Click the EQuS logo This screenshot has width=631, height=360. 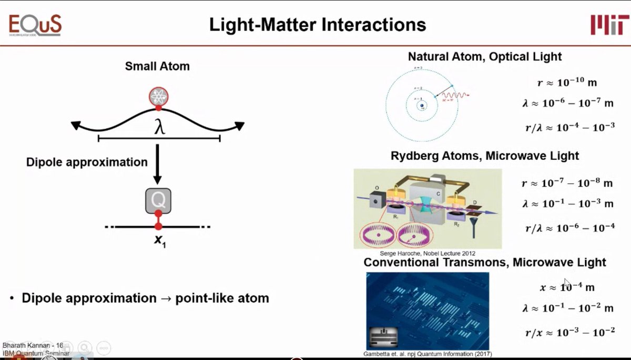click(35, 24)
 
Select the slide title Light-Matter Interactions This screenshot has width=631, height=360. click(318, 24)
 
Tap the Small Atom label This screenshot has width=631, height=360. click(157, 66)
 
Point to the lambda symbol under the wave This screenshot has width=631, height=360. click(159, 128)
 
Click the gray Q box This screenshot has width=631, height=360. click(158, 200)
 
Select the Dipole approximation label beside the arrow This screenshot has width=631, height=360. click(87, 162)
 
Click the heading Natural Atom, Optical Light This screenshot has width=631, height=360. click(485, 56)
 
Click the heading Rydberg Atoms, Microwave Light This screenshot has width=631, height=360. click(484, 156)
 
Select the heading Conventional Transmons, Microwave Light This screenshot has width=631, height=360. click(485, 262)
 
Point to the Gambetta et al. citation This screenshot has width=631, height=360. click(428, 354)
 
